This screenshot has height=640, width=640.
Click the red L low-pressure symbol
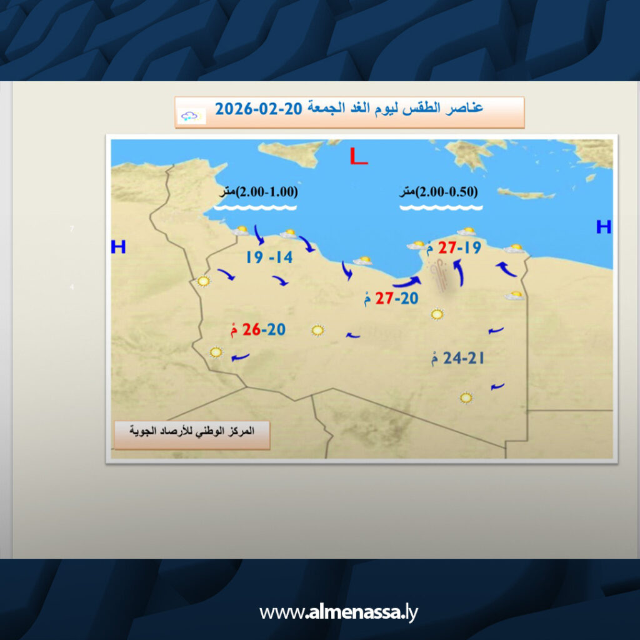pos(358,156)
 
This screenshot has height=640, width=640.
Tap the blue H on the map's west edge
pos(118,247)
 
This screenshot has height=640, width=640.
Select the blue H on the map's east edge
pos(604,226)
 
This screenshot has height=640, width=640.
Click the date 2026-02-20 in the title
pos(258,109)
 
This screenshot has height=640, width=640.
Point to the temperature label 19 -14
pos(269,257)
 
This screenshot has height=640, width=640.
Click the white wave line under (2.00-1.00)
pos(255,207)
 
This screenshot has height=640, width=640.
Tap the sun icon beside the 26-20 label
pos(317,330)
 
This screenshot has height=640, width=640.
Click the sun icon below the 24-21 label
pos(466,397)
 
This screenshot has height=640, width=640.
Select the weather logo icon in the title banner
pos(191,116)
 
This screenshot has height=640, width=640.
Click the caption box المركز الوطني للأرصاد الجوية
pos(192,435)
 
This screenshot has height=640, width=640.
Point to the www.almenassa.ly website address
pos(338,612)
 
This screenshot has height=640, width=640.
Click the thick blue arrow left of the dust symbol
pos(407,282)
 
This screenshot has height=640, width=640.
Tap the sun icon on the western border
pos(203,281)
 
